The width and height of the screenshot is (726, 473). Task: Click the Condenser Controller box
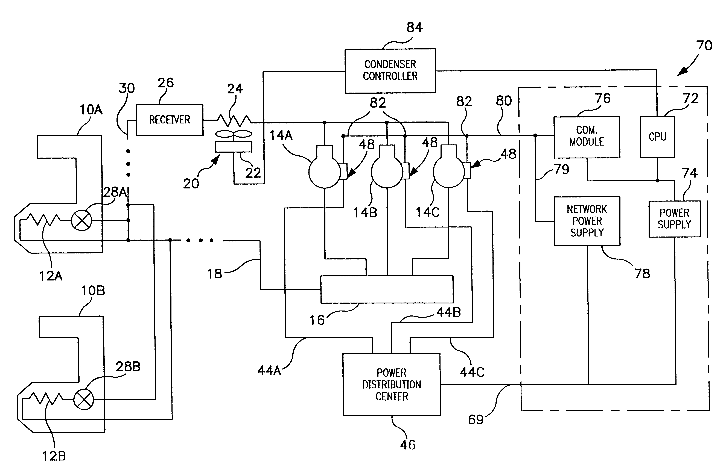[390, 71]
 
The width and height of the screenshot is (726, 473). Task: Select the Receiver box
[170, 120]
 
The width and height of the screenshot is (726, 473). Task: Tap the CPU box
[657, 137]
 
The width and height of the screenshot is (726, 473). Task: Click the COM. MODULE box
[587, 137]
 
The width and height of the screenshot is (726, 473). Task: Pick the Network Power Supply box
[587, 221]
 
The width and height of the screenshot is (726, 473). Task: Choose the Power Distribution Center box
[392, 384]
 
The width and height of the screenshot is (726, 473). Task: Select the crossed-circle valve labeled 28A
[81, 220]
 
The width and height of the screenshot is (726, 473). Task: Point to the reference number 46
[407, 445]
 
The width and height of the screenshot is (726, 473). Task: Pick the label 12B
[54, 456]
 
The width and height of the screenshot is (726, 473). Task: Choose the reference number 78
[642, 273]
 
